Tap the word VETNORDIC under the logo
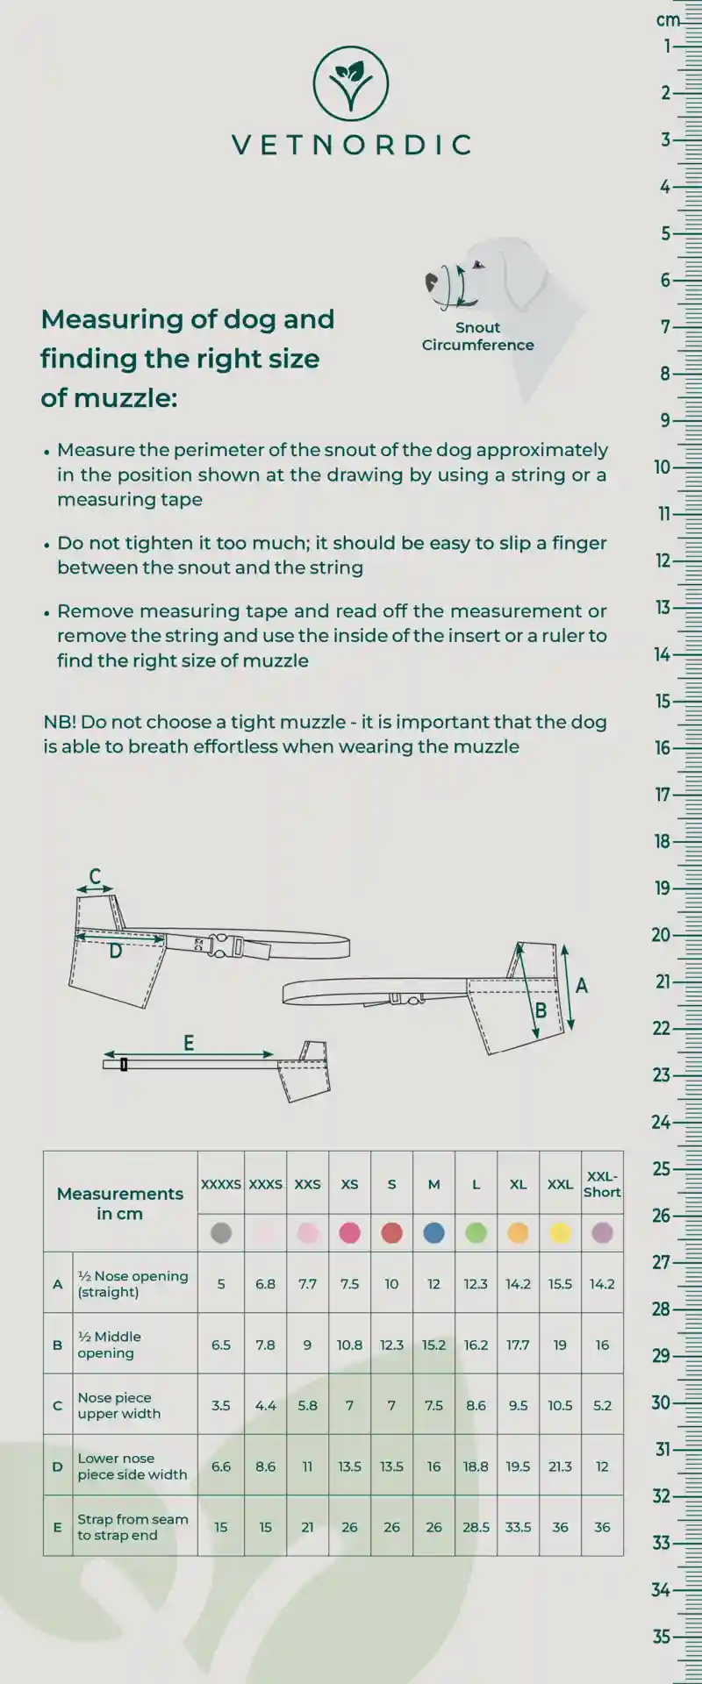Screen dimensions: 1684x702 coord(351,145)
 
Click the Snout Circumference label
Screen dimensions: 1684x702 coord(477,336)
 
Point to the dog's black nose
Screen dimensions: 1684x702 coord(432,282)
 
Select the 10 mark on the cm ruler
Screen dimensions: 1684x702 coord(663,467)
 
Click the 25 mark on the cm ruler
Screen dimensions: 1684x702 coord(662,1169)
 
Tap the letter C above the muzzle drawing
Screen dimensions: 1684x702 coord(95,876)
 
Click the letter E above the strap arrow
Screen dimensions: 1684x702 coord(189,1043)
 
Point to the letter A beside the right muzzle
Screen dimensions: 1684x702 coord(582,986)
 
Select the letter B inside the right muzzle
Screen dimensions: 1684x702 coord(541,1010)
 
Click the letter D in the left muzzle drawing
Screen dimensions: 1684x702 coord(115,951)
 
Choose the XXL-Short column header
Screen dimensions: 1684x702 coord(602,1184)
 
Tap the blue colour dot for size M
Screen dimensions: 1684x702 coord(433,1233)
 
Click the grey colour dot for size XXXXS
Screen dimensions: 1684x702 coord(221,1233)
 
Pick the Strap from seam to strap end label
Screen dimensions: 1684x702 coord(133,1527)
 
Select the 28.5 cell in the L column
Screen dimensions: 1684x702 coord(476,1527)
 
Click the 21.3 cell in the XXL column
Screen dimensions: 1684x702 coord(560,1466)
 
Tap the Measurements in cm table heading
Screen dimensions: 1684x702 coord(120,1203)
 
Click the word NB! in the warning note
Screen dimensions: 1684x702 coord(60,723)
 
